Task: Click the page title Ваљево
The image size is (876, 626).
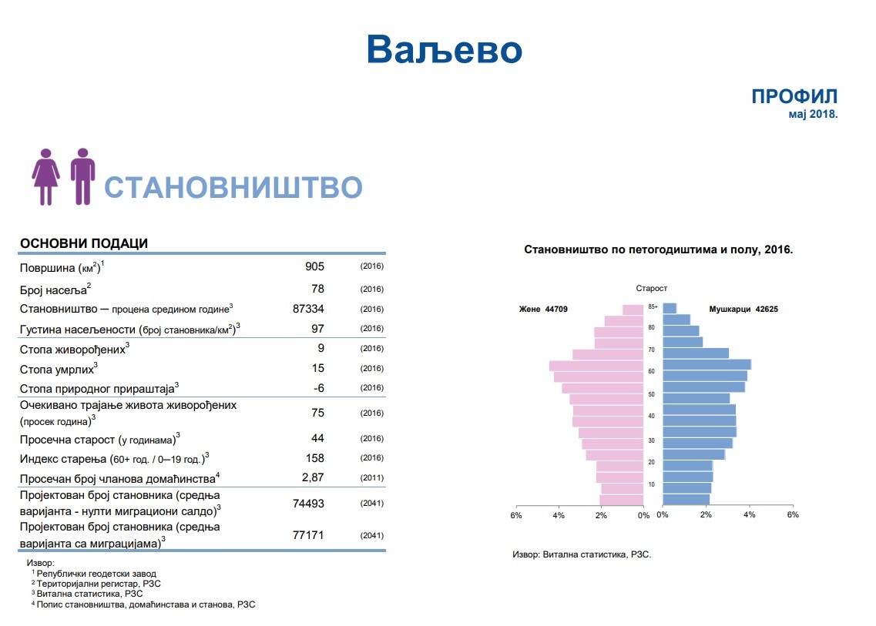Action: click(x=444, y=49)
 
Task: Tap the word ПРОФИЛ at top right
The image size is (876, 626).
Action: click(x=794, y=96)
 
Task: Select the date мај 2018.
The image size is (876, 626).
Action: click(x=813, y=114)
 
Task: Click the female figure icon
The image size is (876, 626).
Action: click(x=45, y=176)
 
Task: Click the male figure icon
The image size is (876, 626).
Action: click(x=82, y=176)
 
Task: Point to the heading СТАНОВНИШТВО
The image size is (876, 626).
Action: click(x=233, y=187)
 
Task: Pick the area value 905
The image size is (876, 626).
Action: click(x=314, y=266)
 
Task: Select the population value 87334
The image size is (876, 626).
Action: click(x=308, y=309)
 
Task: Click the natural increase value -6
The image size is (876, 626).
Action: click(x=318, y=388)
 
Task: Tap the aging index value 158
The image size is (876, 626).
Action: click(x=314, y=458)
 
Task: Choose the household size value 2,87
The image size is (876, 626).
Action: click(x=313, y=477)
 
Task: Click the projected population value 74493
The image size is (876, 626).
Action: click(x=308, y=503)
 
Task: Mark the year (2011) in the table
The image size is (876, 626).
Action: click(x=372, y=477)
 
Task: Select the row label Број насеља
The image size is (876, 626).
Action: click(x=55, y=290)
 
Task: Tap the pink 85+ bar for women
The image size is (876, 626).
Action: click(x=633, y=310)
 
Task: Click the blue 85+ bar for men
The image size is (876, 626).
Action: click(x=670, y=308)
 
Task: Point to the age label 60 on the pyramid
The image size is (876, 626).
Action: click(x=651, y=371)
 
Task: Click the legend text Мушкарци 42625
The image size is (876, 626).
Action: click(x=743, y=309)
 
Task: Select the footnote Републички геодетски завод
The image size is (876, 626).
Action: click(x=96, y=574)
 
